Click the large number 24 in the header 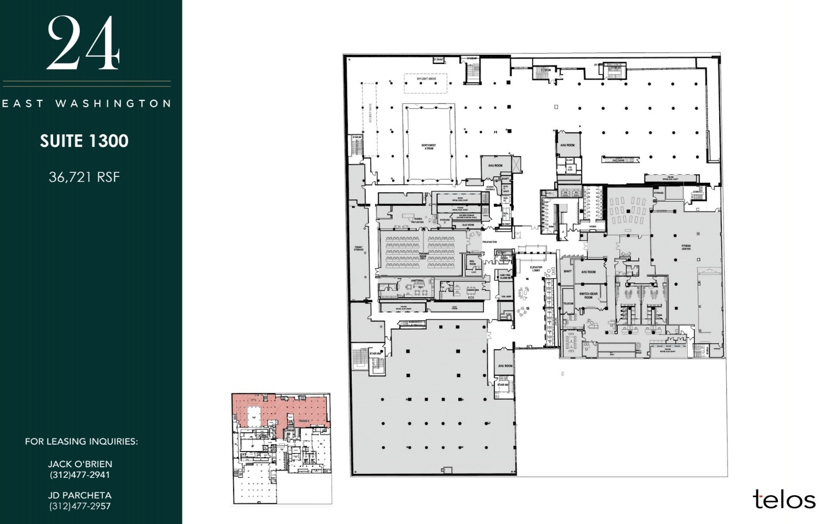(84, 43)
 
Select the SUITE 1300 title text (85, 141)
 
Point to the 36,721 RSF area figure (85, 177)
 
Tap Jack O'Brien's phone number (80, 475)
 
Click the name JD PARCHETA (80, 495)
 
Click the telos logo (784, 499)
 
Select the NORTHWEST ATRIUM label (428, 147)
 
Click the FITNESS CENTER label (686, 247)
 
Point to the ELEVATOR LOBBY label (536, 269)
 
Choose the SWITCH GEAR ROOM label (588, 296)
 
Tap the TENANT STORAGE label (359, 248)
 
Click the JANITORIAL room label (417, 281)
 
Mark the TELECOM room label (568, 303)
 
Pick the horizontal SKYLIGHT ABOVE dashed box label (426, 79)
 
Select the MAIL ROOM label (472, 263)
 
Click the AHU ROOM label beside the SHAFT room (588, 272)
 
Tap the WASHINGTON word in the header (113, 103)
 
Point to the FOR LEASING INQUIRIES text (81, 442)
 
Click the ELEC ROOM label (468, 225)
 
